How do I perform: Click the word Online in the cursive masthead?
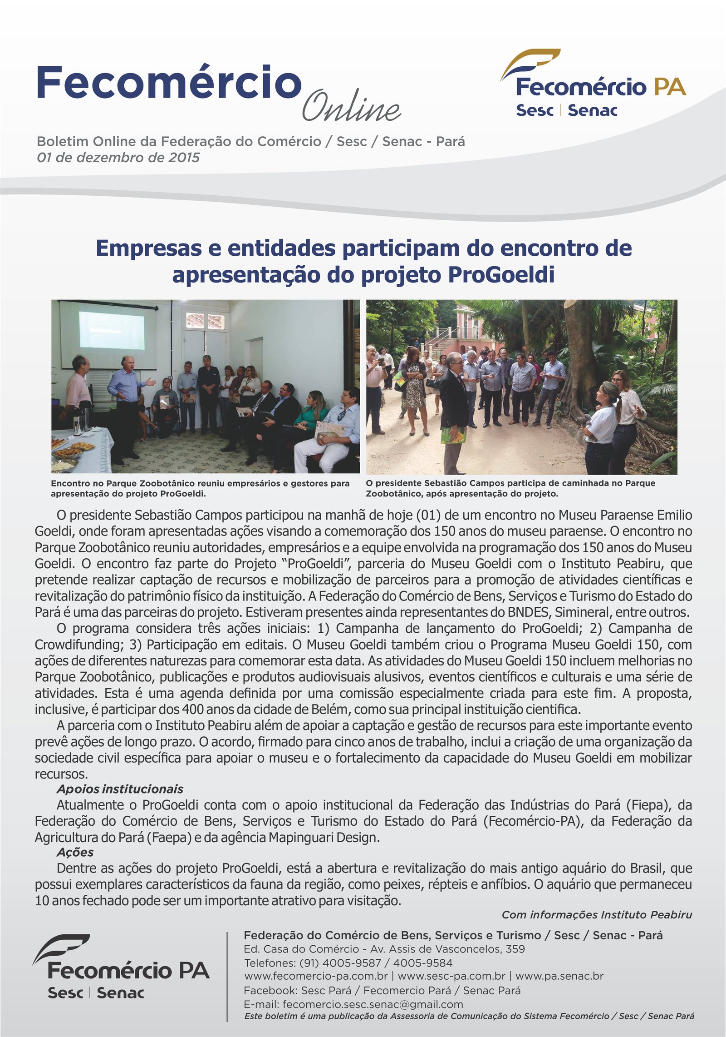(x=351, y=106)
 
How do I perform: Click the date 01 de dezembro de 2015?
(x=118, y=158)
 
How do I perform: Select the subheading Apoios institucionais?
(x=120, y=789)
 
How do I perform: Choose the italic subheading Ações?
(x=75, y=852)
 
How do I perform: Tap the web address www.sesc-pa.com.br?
(x=451, y=976)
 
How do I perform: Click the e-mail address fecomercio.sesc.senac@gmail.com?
(x=373, y=1004)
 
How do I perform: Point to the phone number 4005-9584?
(x=422, y=963)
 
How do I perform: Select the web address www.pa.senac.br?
(x=559, y=976)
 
